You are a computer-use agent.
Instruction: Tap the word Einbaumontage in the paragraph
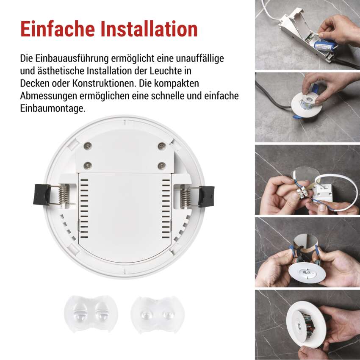point(53,108)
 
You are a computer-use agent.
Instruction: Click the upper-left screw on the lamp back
point(88,146)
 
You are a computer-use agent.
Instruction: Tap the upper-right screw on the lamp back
point(162,146)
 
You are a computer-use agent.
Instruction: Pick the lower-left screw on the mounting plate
point(88,165)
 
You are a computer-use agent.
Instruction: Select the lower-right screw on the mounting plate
point(162,165)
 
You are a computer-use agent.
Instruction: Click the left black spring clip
point(42,194)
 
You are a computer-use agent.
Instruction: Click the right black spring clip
point(207,196)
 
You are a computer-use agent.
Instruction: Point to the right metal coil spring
point(186,197)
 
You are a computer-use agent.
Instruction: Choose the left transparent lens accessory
point(91,314)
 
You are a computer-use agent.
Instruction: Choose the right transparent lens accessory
point(158,315)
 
